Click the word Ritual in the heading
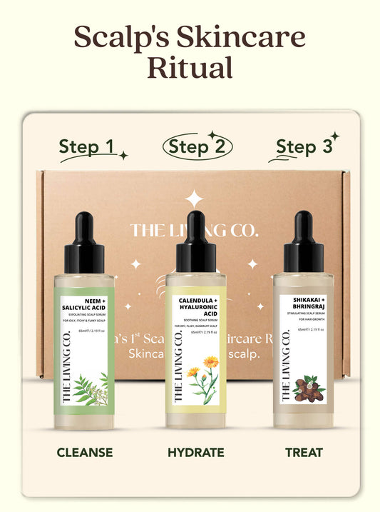pos(190,66)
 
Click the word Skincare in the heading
pos(242,37)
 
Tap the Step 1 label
pos(86,147)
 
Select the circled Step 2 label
pos(197,147)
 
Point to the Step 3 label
pos(304,147)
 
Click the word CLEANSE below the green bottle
pos(85,453)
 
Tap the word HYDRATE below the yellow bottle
pos(196,453)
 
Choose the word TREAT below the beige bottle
pos(303,453)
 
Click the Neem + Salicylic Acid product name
pos(86,303)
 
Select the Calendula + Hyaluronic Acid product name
pos(200,307)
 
